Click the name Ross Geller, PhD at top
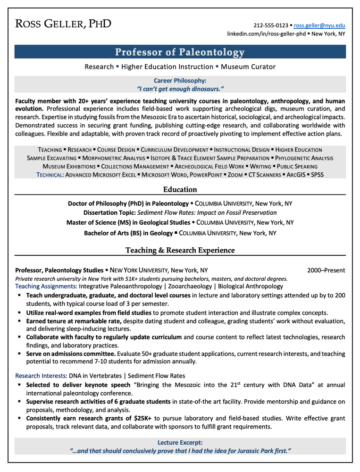(63, 24)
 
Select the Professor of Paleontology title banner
(180, 52)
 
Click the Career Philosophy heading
(180, 81)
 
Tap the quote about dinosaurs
(180, 89)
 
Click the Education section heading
(180, 189)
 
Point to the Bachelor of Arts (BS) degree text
(128, 233)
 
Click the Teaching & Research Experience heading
(180, 250)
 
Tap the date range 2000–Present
(326, 270)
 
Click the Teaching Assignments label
(46, 286)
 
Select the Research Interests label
(41, 376)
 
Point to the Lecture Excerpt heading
(180, 443)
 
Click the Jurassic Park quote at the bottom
(180, 451)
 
